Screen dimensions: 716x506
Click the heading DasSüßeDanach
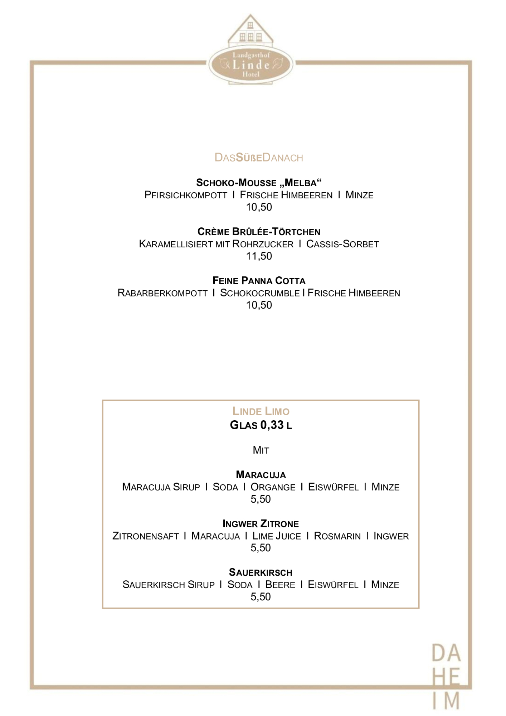(259, 158)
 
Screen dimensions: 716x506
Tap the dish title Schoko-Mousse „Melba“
(259, 183)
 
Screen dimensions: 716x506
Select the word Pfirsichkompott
(186, 195)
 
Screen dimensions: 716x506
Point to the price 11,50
(259, 256)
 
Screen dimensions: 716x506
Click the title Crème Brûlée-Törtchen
(259, 232)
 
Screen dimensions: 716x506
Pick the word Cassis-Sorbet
(342, 244)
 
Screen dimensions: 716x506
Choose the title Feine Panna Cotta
(259, 281)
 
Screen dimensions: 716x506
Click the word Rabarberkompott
(162, 293)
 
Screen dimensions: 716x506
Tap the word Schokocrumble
(260, 293)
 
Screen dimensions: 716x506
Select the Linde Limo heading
(261, 411)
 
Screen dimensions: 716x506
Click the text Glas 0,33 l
(261, 425)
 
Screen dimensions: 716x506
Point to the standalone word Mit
(261, 450)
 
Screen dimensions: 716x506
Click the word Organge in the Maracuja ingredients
(273, 487)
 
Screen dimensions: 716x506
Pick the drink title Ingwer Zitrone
(261, 524)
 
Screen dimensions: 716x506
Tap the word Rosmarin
(337, 536)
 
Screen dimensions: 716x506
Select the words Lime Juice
(277, 536)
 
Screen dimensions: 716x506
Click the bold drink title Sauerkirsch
(261, 572)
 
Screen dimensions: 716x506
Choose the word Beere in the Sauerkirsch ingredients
(280, 585)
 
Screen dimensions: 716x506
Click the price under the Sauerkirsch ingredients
(261, 597)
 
